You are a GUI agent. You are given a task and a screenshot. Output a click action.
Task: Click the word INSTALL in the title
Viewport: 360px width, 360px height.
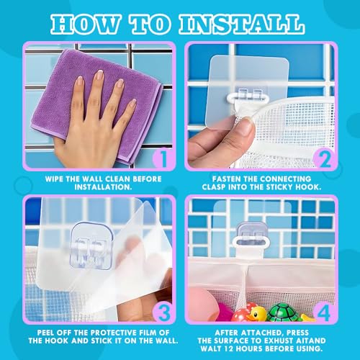(242, 24)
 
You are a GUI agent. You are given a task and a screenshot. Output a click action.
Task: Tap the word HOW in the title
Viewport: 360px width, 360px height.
(85, 24)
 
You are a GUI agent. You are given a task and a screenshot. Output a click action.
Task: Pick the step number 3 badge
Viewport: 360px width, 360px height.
(163, 312)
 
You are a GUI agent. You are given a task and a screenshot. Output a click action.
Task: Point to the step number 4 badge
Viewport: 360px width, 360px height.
(325, 312)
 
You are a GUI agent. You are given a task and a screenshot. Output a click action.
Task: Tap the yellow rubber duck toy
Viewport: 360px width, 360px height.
(256, 313)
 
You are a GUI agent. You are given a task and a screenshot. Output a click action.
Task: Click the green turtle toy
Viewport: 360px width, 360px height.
(283, 312)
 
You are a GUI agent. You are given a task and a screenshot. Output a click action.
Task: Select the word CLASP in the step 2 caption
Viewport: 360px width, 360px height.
(214, 187)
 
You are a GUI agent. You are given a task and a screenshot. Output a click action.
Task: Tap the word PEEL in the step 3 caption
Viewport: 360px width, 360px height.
(46, 333)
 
